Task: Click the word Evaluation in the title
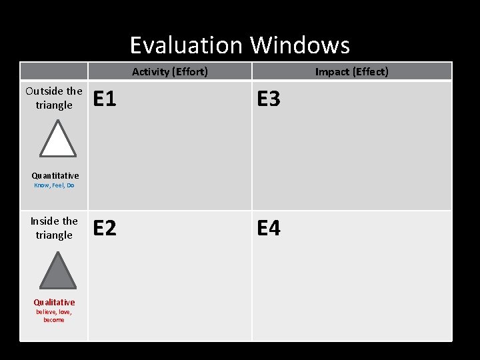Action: pyautogui.click(x=186, y=45)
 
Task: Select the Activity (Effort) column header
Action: pyautogui.click(x=169, y=71)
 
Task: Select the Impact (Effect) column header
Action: pyautogui.click(x=351, y=71)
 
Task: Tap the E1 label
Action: pyautogui.click(x=105, y=99)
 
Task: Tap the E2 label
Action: pyautogui.click(x=105, y=229)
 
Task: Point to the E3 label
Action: pyautogui.click(x=269, y=99)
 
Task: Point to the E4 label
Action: pyautogui.click(x=269, y=229)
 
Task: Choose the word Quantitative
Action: pyautogui.click(x=55, y=176)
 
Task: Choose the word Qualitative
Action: pyautogui.click(x=54, y=302)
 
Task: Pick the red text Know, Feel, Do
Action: pyautogui.click(x=54, y=185)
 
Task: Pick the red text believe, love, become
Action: pyautogui.click(x=54, y=315)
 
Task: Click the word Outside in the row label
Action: pyautogui.click(x=44, y=91)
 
